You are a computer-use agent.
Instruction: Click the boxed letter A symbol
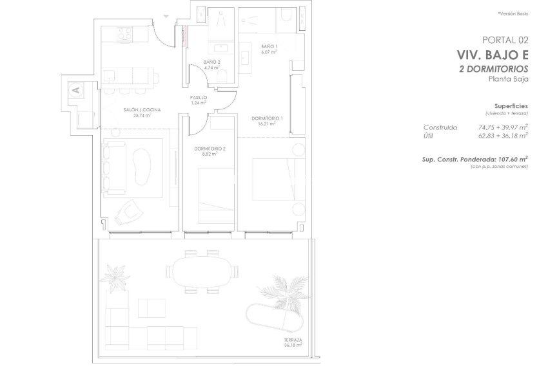75,90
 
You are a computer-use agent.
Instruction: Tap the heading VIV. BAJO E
493,55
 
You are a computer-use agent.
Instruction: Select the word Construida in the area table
441,127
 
